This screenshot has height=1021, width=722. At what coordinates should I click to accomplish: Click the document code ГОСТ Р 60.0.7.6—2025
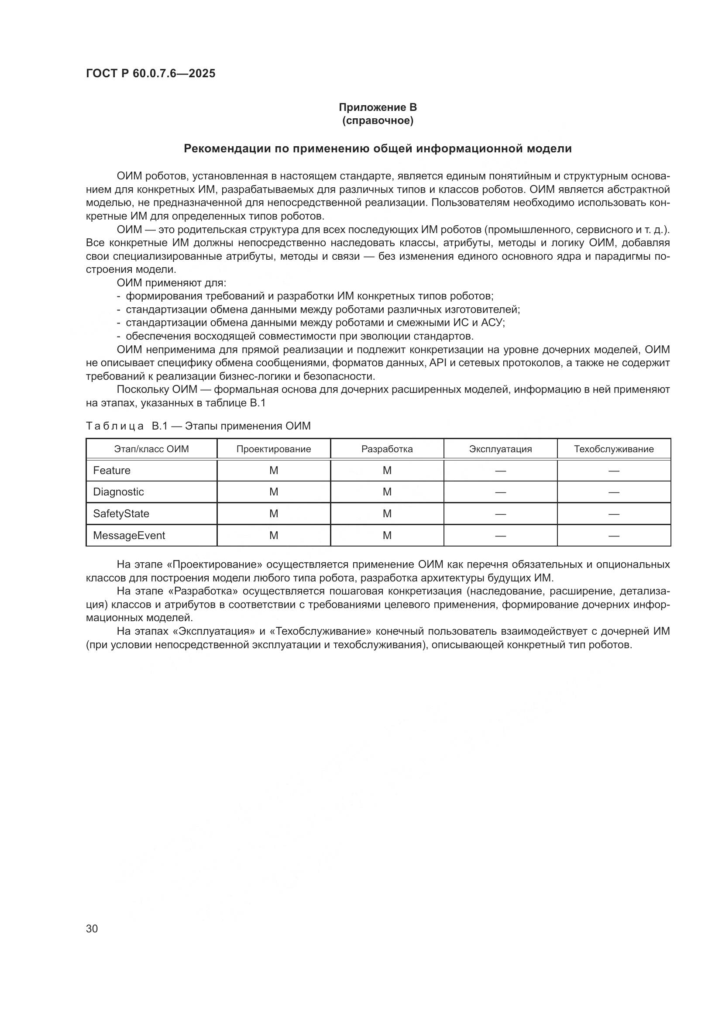151,73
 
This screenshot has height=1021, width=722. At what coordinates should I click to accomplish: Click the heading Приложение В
378,107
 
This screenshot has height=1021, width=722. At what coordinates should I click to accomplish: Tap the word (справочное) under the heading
378,120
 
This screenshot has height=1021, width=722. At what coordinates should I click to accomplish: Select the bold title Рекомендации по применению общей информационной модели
378,148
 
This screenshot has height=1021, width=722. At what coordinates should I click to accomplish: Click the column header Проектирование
273,449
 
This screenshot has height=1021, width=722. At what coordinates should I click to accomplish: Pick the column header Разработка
387,449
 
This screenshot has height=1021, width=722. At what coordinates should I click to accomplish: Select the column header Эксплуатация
500,449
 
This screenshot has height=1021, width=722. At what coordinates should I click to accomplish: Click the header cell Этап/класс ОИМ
151,449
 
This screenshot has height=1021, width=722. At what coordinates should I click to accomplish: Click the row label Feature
112,471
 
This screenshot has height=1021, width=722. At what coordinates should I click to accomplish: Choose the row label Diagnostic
118,492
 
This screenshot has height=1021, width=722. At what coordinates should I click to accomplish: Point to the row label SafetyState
121,514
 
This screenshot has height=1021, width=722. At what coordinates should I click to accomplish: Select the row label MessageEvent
129,536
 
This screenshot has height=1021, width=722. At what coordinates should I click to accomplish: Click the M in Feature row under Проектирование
273,471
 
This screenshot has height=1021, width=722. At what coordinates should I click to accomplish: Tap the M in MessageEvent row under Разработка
387,536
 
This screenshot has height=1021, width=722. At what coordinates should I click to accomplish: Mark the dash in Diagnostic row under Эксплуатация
500,492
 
